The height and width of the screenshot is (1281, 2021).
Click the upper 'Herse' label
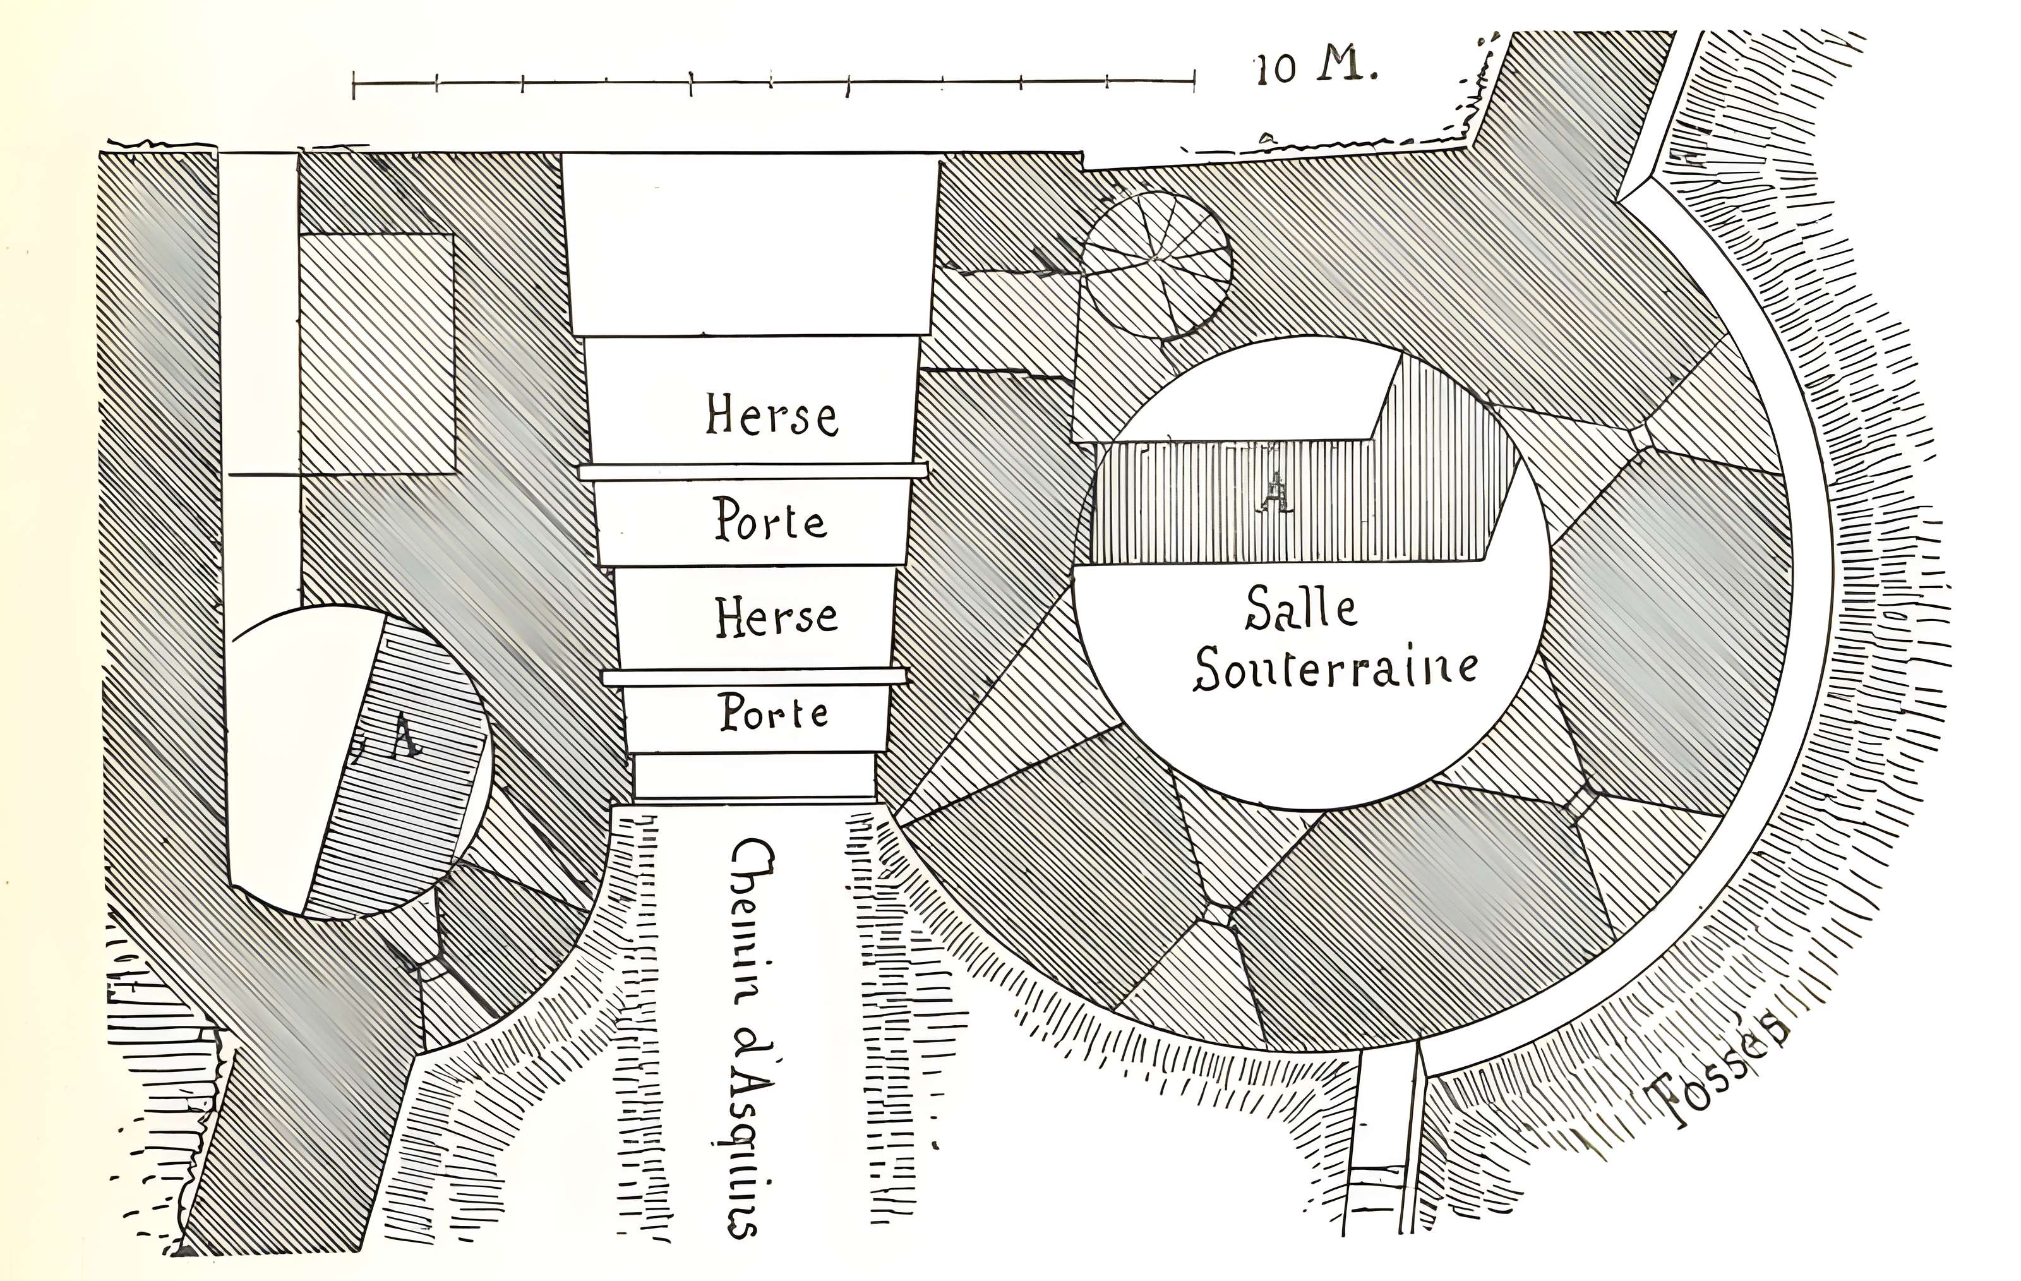[771, 416]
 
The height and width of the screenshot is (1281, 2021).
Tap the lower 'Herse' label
[776, 617]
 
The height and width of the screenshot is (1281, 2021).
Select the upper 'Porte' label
[771, 520]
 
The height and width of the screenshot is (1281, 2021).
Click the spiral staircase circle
[1156, 265]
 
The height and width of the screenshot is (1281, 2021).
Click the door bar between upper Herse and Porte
[753, 472]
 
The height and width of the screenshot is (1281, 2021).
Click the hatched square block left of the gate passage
[378, 352]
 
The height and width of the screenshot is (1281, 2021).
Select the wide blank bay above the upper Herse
[751, 243]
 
